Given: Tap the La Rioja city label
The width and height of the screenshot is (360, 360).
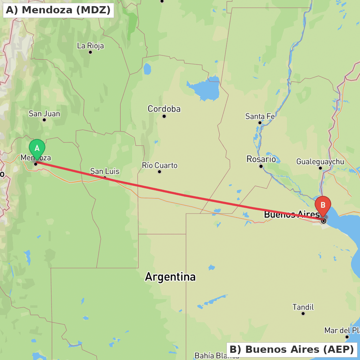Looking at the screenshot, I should pyautogui.click(x=90, y=46).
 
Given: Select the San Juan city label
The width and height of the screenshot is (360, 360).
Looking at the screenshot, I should pyautogui.click(x=44, y=114).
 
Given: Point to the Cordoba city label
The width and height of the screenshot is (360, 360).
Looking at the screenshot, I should pyautogui.click(x=164, y=109).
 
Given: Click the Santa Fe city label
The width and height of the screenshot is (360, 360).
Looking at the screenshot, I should pyautogui.click(x=260, y=116).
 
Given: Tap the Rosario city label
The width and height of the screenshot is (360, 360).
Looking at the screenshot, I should pyautogui.click(x=261, y=159).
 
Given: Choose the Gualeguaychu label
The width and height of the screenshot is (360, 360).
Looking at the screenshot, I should pyautogui.click(x=320, y=162).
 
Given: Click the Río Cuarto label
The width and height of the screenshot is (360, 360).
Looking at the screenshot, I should pyautogui.click(x=159, y=165).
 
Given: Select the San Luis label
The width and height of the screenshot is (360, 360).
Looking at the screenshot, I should pyautogui.click(x=105, y=171).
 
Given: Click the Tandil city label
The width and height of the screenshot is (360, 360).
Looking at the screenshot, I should pyautogui.click(x=303, y=307).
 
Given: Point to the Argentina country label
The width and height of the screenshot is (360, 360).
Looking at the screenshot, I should pyautogui.click(x=170, y=277).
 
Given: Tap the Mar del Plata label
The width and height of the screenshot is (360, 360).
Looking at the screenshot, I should pyautogui.click(x=342, y=330).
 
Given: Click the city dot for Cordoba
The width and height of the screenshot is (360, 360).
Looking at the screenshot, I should pyautogui.click(x=164, y=116).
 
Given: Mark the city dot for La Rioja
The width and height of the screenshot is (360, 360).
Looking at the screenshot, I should pyautogui.click(x=90, y=52).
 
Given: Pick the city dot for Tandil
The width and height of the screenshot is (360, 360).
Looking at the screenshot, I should pyautogui.click(x=303, y=314).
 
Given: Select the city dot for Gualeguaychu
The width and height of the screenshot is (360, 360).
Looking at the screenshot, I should pyautogui.click(x=320, y=168).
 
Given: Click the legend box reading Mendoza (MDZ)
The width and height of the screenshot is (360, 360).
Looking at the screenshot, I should pyautogui.click(x=58, y=10).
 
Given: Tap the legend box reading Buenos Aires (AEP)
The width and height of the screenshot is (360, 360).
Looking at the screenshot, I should pyautogui.click(x=292, y=350).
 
